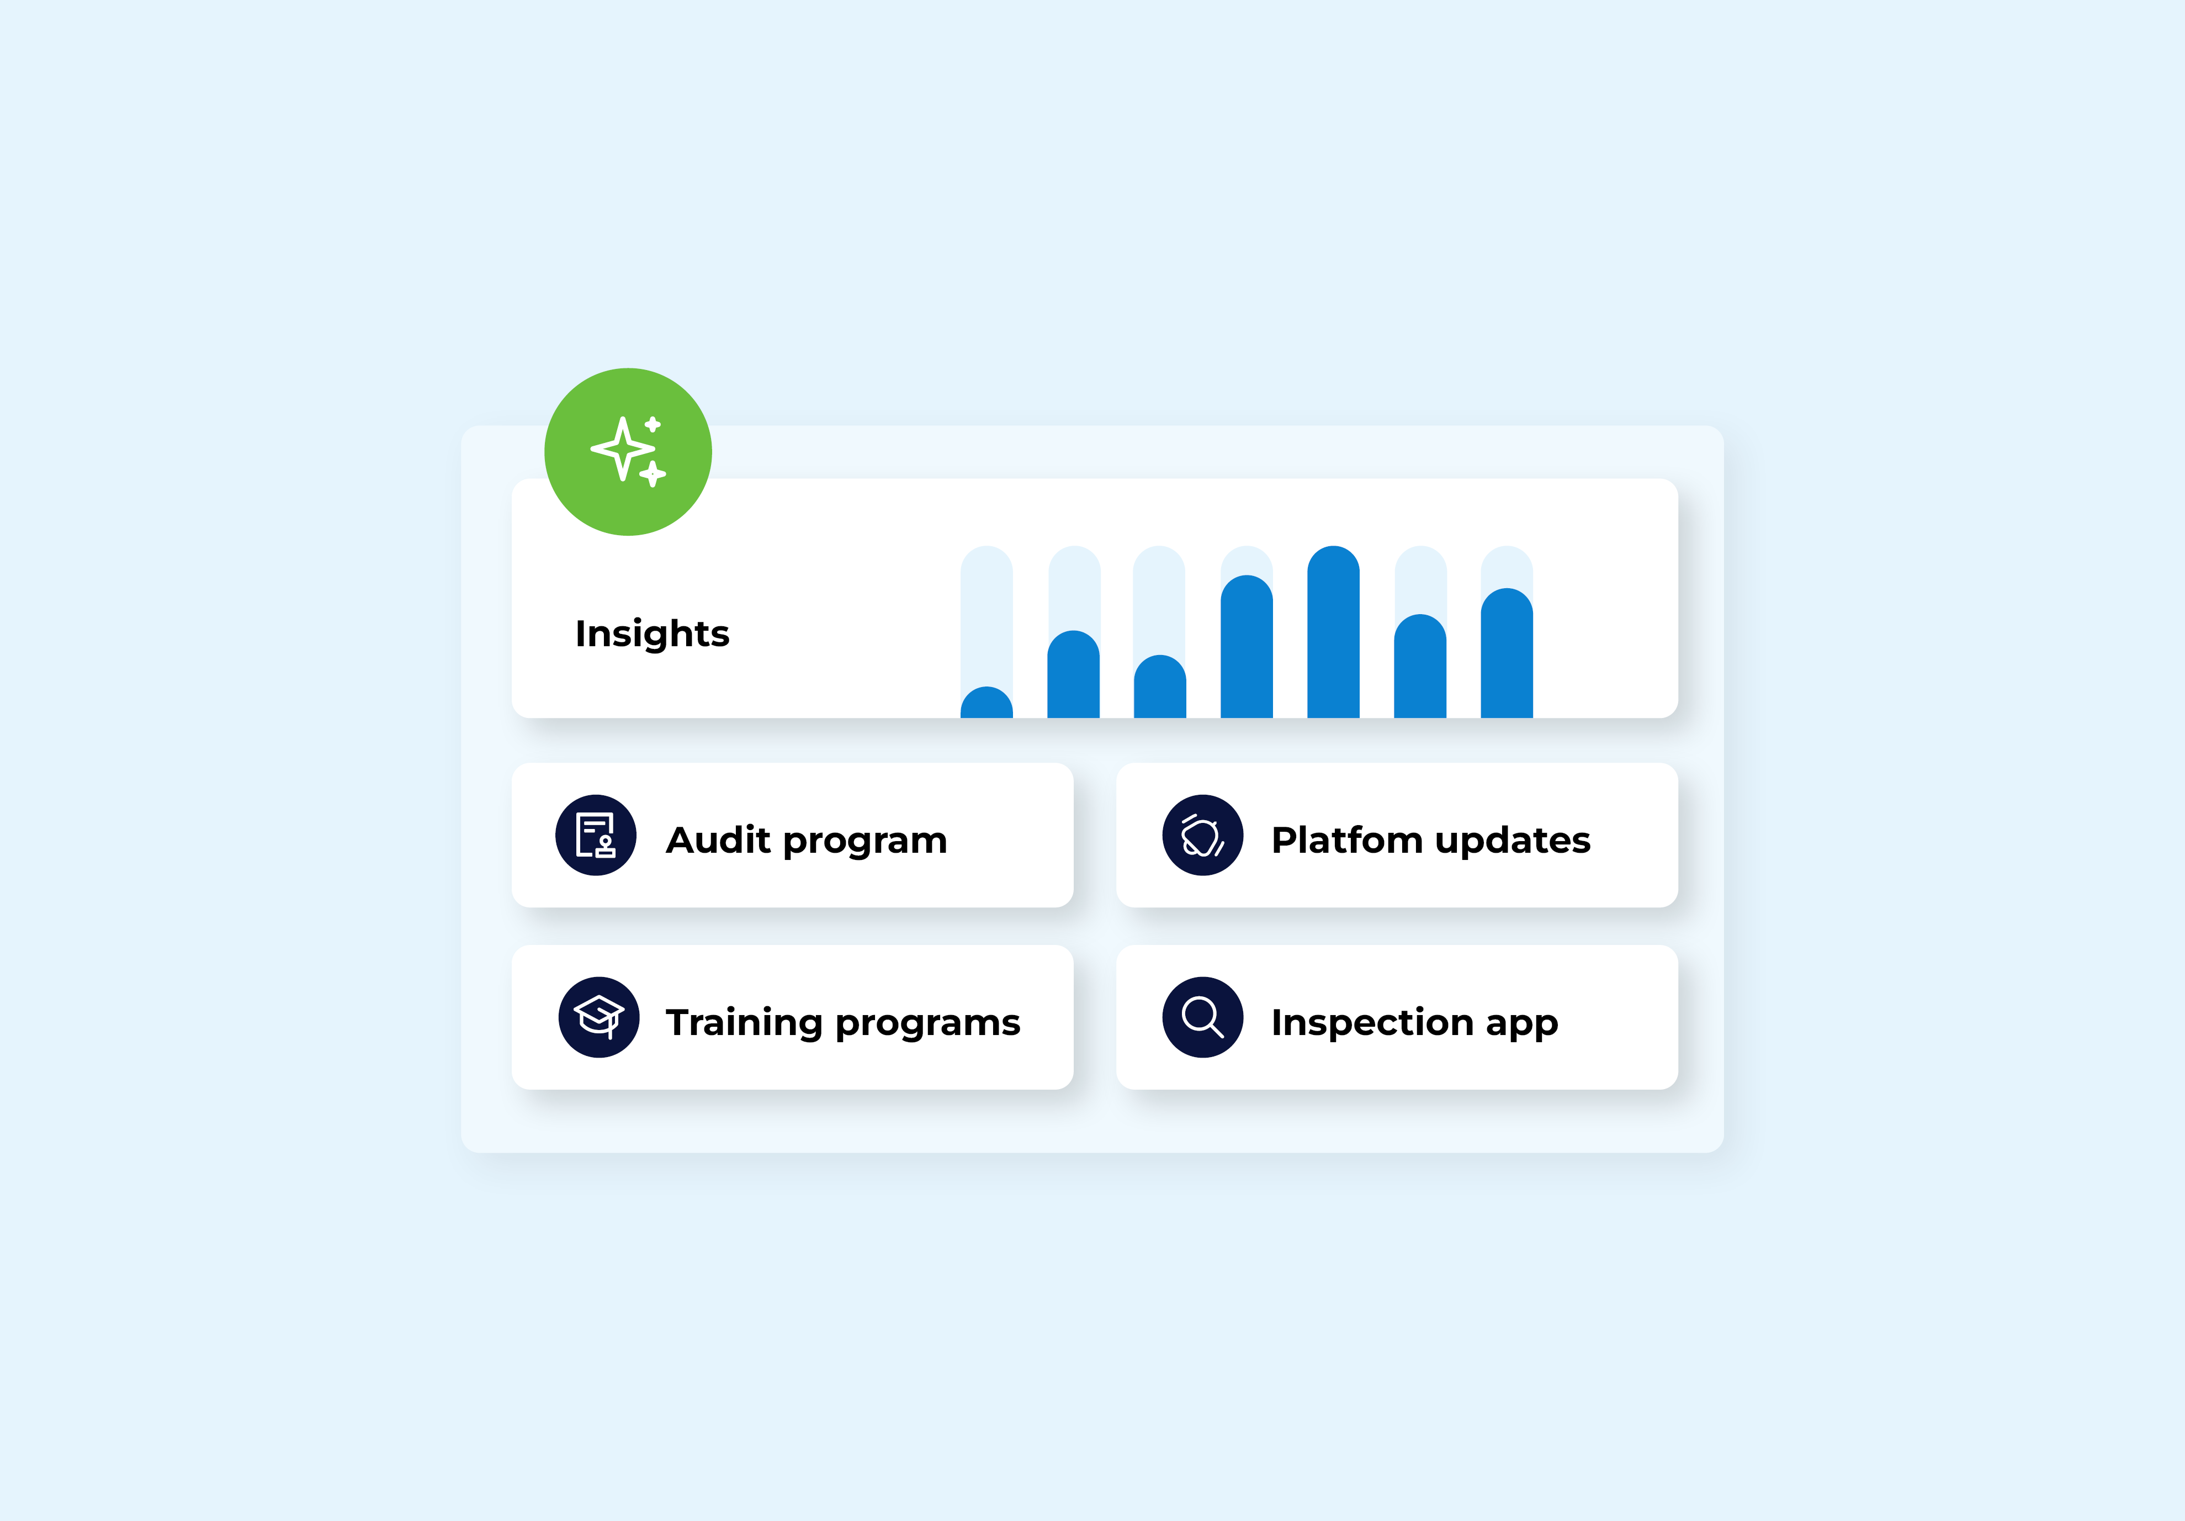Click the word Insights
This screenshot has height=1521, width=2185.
[652, 633]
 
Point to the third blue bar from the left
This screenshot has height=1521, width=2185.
[1159, 686]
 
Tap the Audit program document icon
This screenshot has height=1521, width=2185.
[596, 835]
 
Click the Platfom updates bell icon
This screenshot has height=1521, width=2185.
[1202, 835]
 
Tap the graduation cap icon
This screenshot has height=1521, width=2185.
[598, 1017]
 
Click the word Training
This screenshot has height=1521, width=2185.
[743, 1022]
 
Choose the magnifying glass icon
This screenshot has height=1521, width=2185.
[1202, 1017]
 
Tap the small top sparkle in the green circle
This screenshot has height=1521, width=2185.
[653, 425]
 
